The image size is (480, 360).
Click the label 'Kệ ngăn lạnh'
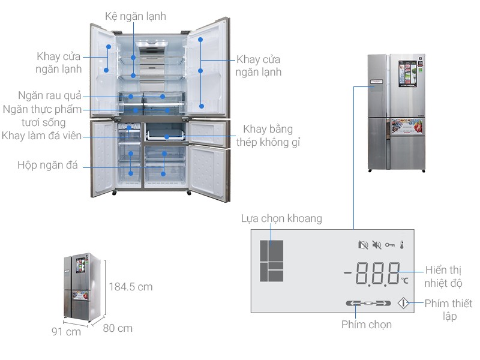pos(136,16)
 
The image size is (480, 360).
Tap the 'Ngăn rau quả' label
pos(50,95)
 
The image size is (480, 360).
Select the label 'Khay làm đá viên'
pos(41,136)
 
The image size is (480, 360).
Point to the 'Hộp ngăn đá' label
pos(47,165)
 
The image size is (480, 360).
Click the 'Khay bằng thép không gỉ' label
pos(268,136)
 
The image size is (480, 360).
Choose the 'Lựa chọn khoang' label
pos(281,218)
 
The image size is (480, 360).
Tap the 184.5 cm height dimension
pos(131,287)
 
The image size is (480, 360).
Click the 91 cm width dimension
pos(66,332)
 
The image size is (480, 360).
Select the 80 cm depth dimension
pos(118,328)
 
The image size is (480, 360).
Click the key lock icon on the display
pos(389,245)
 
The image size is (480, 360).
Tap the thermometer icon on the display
pos(402,245)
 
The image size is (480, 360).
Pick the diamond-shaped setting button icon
pos(403,304)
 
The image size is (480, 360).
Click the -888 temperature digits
pos(372,274)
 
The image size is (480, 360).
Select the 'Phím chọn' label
pos(367,325)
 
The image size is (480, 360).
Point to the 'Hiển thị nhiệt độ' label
pos(443,277)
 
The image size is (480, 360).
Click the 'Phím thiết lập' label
pos(448,310)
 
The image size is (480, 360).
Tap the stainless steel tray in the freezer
pos(166,135)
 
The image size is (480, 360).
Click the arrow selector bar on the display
pos(368,304)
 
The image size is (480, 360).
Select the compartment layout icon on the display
pos(272,261)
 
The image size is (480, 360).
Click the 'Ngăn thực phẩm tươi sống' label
pos(42,116)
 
